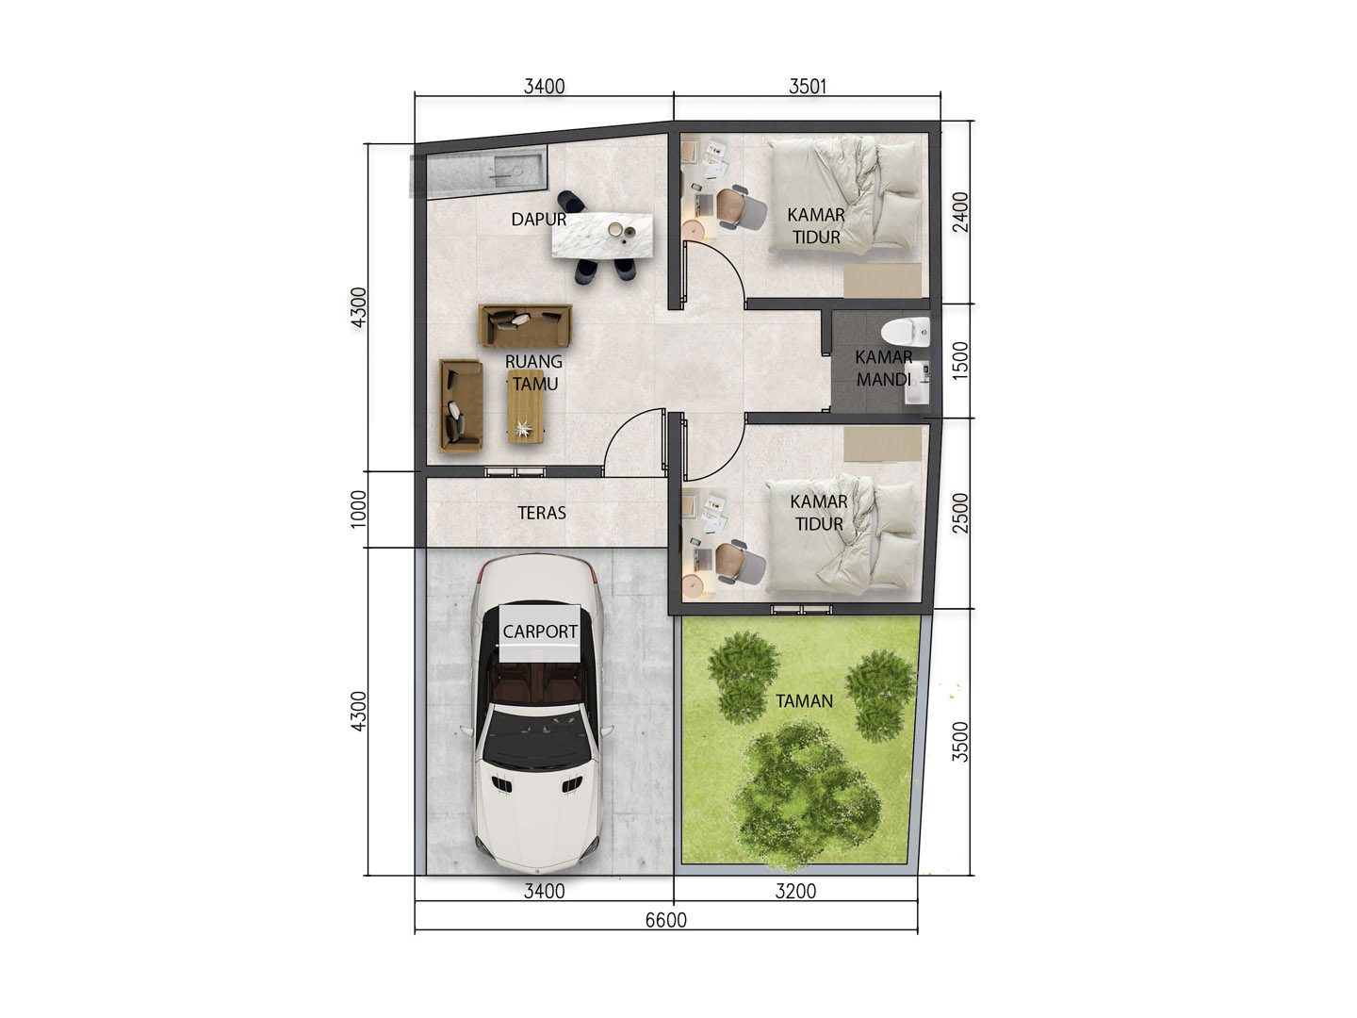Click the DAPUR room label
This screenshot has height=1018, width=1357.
tap(538, 220)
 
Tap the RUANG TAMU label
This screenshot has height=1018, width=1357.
tap(534, 372)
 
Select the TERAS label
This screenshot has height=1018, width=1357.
tap(542, 513)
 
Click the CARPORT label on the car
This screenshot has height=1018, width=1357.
tap(540, 632)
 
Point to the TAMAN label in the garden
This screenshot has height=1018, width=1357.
tap(804, 701)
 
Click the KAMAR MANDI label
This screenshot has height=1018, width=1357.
tap(883, 369)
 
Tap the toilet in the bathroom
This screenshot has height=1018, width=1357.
tap(905, 332)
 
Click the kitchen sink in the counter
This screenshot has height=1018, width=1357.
tap(509, 169)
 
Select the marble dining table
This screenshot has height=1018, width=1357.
tap(602, 235)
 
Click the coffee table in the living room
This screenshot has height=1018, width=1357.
tap(526, 406)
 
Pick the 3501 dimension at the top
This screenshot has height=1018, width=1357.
tap(808, 87)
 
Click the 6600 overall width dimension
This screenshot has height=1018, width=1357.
tap(666, 920)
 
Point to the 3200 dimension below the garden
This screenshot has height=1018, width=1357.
tap(795, 892)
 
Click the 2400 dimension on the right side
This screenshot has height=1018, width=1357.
tap(960, 212)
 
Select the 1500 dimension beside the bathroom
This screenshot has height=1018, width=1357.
tap(960, 361)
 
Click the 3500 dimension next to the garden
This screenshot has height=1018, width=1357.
tap(960, 742)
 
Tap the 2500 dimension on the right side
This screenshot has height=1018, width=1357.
tap(960, 513)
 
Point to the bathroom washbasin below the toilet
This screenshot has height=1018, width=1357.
tap(917, 382)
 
